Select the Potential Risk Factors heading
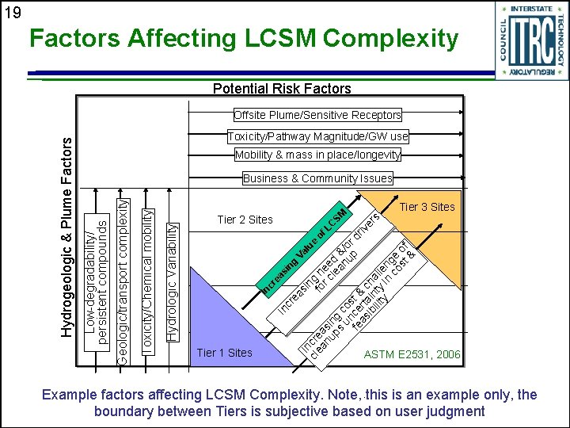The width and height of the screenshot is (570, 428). (283, 89)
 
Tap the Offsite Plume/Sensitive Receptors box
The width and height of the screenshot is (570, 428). (317, 115)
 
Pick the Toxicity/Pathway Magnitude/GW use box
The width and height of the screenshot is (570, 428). (317, 136)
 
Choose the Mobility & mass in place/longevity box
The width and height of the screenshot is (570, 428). (317, 155)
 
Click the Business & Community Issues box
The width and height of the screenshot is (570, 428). (317, 178)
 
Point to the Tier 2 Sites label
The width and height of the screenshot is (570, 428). (244, 220)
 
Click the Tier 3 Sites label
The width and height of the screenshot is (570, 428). (427, 207)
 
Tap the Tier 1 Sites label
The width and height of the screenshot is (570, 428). (224, 353)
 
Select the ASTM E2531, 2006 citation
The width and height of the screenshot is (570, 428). (412, 354)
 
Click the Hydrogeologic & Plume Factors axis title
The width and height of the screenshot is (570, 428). (69, 235)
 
